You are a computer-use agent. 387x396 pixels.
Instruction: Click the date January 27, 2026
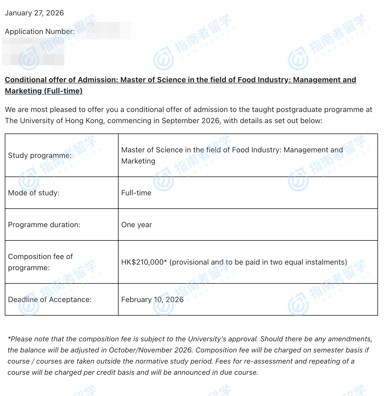[x=34, y=13]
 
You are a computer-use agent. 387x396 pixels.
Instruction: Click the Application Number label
[x=40, y=32]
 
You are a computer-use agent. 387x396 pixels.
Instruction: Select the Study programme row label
[x=40, y=155]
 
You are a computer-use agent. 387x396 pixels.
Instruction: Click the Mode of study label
[x=34, y=193]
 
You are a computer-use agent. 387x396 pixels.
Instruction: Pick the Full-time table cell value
[x=136, y=193]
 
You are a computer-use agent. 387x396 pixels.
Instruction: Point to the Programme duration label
[x=44, y=225]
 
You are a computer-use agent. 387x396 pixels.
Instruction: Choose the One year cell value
[x=136, y=225]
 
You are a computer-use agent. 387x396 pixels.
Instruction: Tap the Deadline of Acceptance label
[x=50, y=299]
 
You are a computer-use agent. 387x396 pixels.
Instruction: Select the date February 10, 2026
[x=152, y=299]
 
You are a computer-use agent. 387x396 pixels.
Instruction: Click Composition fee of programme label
[x=40, y=262]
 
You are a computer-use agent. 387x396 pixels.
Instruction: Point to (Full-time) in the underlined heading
[x=63, y=91]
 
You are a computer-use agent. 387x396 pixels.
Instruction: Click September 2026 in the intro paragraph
[x=190, y=121]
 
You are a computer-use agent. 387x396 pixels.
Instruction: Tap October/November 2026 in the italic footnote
[x=150, y=350]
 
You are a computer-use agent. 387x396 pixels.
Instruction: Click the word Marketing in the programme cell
[x=138, y=161]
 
